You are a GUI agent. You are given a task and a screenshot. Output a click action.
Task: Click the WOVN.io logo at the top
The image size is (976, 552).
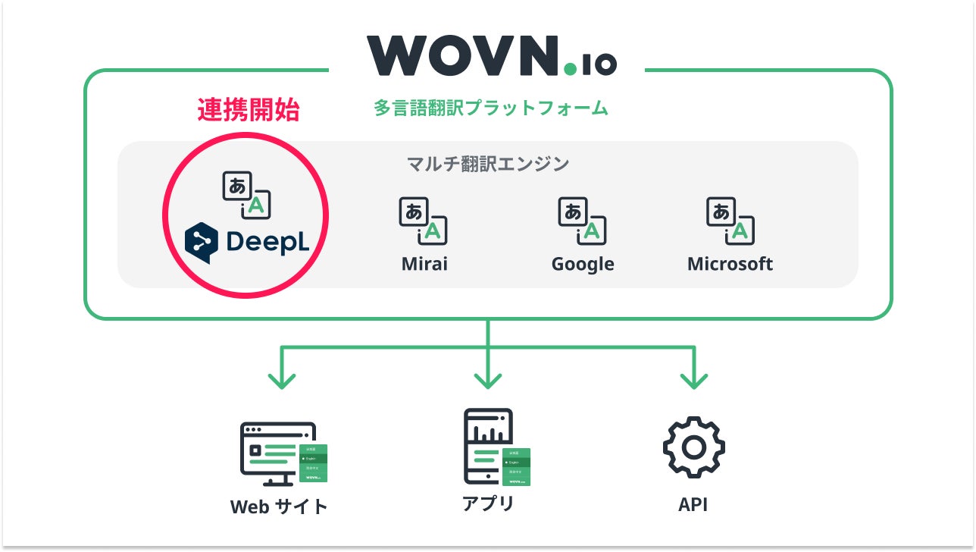click(x=491, y=55)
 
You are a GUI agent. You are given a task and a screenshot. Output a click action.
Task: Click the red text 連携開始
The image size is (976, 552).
click(x=249, y=111)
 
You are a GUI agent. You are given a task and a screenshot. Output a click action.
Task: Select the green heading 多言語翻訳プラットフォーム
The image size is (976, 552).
click(x=490, y=108)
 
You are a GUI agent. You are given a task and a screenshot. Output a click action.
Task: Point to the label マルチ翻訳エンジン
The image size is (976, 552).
click(x=488, y=164)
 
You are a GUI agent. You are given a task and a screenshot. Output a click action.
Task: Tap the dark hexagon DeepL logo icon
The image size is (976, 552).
click(x=202, y=242)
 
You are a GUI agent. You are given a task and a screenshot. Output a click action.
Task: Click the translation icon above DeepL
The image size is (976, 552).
click(x=247, y=195)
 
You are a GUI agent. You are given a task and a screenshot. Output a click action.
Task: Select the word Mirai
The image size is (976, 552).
click(x=424, y=264)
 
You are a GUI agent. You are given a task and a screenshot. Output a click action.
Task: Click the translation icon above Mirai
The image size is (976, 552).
click(x=424, y=221)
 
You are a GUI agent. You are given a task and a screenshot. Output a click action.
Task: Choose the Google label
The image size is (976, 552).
click(x=583, y=264)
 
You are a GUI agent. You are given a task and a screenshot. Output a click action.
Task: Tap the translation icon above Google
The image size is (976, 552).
click(x=583, y=221)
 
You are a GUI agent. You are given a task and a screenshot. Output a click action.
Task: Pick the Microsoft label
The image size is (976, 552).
click(x=730, y=264)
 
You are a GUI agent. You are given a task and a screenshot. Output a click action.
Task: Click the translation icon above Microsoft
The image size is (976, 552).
click(x=730, y=221)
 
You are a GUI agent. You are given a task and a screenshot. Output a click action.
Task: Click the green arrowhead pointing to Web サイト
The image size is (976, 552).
click(x=282, y=379)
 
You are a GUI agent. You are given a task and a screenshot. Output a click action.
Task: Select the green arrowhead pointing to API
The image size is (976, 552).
click(x=694, y=379)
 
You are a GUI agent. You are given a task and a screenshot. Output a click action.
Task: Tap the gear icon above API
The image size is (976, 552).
click(x=693, y=447)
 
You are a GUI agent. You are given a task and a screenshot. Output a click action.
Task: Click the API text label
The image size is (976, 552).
click(x=693, y=505)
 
